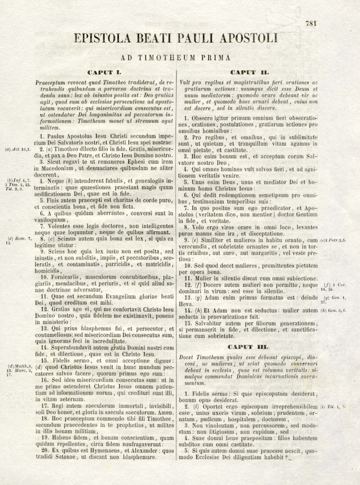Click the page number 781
(311, 23)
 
